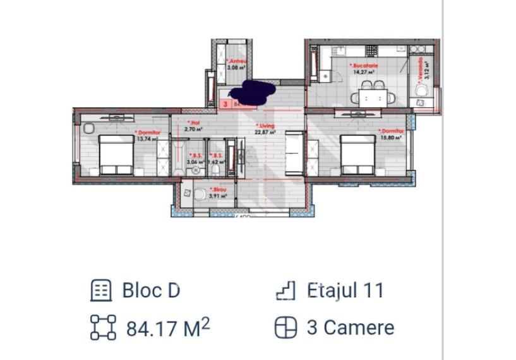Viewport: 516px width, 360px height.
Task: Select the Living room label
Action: click(x=266, y=126)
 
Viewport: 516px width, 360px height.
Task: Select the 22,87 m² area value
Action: click(x=265, y=133)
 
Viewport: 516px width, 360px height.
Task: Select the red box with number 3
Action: click(x=225, y=104)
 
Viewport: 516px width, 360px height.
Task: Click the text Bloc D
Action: click(x=150, y=291)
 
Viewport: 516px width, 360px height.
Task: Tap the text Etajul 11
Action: click(x=345, y=291)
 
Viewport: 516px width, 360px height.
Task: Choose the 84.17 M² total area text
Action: click(x=168, y=328)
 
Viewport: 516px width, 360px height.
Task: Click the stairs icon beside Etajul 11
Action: click(x=285, y=291)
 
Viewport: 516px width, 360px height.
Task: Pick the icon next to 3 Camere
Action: click(x=285, y=328)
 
